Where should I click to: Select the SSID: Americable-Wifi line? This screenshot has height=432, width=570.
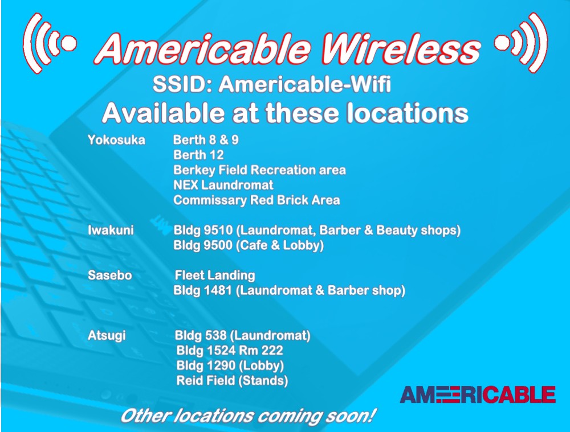click(271, 85)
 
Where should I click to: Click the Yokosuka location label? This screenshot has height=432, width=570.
click(116, 140)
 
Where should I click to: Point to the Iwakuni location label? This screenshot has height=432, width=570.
click(111, 230)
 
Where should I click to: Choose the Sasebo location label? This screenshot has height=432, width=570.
click(110, 275)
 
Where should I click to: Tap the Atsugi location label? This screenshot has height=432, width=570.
click(107, 335)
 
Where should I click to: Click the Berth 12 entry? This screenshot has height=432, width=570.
click(198, 155)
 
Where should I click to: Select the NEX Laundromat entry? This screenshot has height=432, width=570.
click(223, 185)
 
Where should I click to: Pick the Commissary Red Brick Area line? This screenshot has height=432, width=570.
click(256, 200)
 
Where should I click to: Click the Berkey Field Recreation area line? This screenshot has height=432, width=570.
click(259, 170)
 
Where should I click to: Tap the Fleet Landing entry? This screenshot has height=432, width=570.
click(215, 275)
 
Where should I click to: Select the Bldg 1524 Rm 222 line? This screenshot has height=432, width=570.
click(230, 350)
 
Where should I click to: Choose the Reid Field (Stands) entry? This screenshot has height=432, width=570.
click(233, 380)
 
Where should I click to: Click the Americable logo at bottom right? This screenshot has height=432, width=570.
click(478, 394)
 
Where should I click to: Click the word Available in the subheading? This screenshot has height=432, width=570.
click(164, 113)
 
